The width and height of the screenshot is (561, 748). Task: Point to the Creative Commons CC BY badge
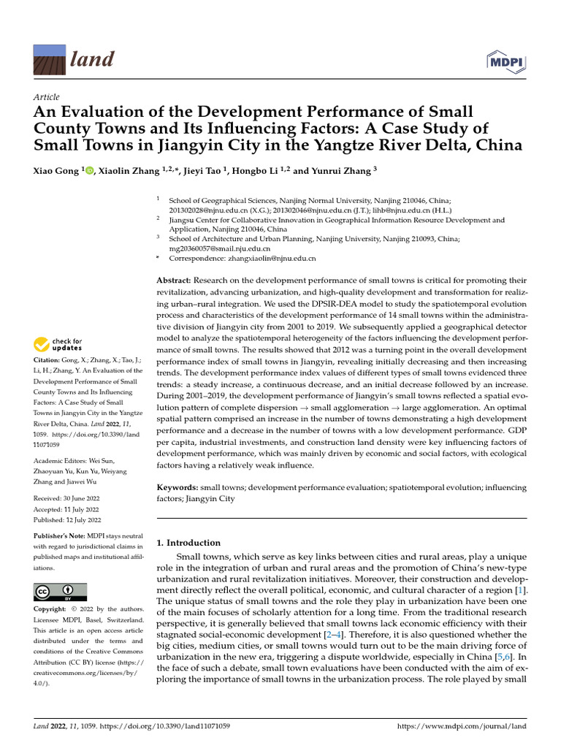tap(60, 592)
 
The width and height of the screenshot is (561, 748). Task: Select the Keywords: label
tap(178, 486)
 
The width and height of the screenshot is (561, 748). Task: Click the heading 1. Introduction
tap(188, 543)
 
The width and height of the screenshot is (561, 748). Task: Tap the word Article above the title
tap(47, 97)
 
